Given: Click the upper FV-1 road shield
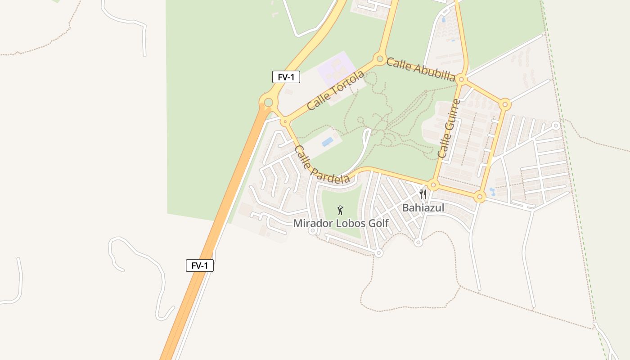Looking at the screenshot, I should [286, 77].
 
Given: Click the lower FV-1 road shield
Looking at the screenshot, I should [199, 265].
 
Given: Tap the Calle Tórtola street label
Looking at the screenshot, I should [335, 90].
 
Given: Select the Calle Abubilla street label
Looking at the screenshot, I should [421, 69].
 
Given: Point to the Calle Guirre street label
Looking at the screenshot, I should [449, 129].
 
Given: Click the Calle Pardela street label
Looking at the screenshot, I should [322, 165].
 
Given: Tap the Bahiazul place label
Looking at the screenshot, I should [423, 207].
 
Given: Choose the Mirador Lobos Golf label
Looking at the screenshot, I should [341, 223].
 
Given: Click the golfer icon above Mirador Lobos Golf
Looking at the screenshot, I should [340, 210].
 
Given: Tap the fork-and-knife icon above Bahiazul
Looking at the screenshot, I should [423, 194].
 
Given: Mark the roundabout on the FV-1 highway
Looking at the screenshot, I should [268, 103].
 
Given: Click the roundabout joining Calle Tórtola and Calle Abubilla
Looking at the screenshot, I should [380, 58].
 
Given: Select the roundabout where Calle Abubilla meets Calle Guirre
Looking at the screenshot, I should [461, 80].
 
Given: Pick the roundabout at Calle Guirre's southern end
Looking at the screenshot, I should [433, 185].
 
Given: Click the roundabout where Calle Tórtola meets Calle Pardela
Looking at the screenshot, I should [284, 121].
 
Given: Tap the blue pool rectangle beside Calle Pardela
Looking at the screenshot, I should [328, 142].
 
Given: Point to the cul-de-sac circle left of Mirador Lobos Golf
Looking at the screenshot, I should [312, 230].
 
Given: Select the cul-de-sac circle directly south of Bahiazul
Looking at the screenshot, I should [418, 243].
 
